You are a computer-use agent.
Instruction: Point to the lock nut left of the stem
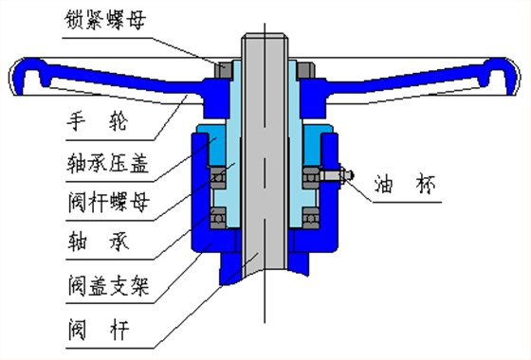click(x=225, y=69)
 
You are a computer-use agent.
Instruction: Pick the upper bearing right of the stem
click(x=309, y=174)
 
